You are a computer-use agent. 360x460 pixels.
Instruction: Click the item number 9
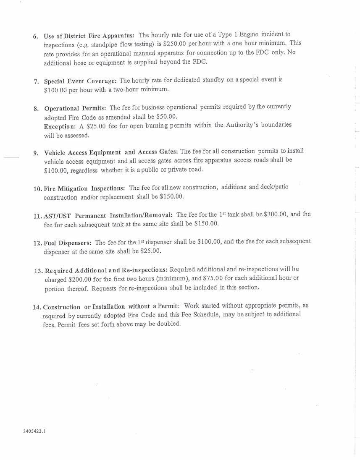[35, 153]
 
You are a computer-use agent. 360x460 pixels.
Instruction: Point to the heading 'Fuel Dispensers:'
[68, 243]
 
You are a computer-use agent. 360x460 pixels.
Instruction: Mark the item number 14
[37, 307]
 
